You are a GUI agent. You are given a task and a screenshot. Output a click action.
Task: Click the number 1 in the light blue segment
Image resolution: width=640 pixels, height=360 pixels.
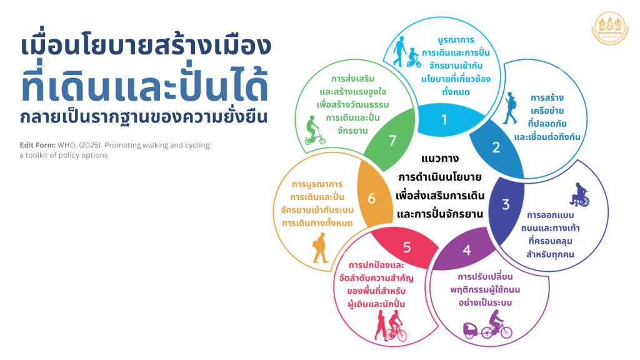coord(444,119)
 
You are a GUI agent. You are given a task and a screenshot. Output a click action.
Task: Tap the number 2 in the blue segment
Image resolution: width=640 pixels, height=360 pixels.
coord(496,147)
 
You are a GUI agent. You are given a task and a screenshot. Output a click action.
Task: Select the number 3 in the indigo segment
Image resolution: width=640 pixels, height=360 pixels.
coord(506,204)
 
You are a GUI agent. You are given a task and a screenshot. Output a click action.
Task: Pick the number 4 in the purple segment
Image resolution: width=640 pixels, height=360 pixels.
coord(467,250)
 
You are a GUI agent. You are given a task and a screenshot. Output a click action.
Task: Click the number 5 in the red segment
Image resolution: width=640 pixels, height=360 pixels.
coord(407,247)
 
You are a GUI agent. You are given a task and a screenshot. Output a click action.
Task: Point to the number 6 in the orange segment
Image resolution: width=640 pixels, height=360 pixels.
coord(371,198)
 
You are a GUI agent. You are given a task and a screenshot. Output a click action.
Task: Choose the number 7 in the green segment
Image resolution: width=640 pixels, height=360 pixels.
coord(392,141)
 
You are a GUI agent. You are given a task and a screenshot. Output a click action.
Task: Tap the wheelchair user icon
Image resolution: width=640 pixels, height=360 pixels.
coord(580,195)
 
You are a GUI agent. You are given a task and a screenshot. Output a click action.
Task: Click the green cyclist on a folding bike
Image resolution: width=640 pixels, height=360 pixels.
coord(315,130)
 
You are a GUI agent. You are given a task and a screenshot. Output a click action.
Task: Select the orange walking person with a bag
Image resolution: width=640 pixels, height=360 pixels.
coord(320,247)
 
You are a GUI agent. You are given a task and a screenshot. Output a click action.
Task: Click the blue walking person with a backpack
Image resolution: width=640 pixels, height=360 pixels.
coord(510,108)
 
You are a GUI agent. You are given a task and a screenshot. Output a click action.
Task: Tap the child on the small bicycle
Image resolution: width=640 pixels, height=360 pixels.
coord(414,57)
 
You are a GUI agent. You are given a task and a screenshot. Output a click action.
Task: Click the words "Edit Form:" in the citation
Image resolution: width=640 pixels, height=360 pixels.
coord(37,145)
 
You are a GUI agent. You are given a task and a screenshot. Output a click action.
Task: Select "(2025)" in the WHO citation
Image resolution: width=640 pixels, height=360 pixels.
coord(90,145)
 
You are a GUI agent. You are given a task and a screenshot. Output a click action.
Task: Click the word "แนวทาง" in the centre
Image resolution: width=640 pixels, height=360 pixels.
coord(440,159)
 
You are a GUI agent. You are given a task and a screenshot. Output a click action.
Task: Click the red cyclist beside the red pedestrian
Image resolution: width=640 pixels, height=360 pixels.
coord(396,326)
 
